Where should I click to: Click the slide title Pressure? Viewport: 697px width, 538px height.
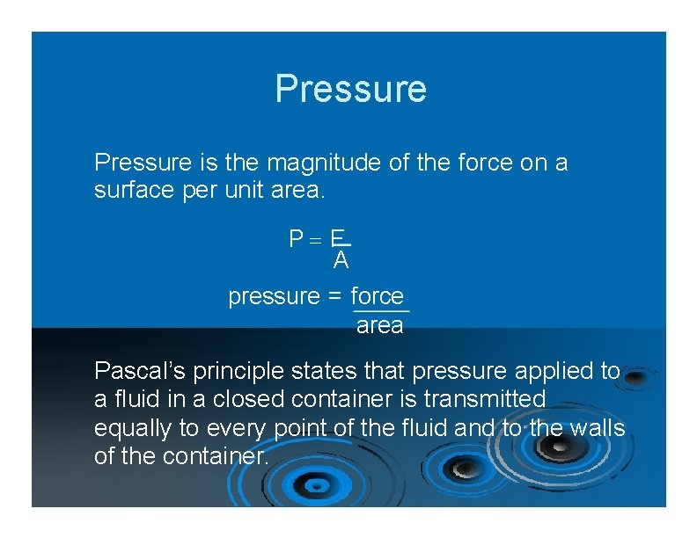click(x=350, y=89)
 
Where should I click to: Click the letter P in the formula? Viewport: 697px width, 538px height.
click(x=297, y=238)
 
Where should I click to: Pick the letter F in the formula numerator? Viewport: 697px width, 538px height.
click(x=337, y=237)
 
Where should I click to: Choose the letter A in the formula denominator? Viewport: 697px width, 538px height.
click(x=341, y=260)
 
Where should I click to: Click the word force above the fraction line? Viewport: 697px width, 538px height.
click(x=377, y=296)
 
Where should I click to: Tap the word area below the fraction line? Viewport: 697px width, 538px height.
click(x=379, y=326)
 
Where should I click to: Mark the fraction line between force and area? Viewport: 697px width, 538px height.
click(x=380, y=311)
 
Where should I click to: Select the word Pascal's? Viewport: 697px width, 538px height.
click(x=135, y=371)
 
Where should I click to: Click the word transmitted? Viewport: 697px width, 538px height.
click(x=484, y=399)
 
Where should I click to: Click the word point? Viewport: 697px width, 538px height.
click(x=296, y=428)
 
